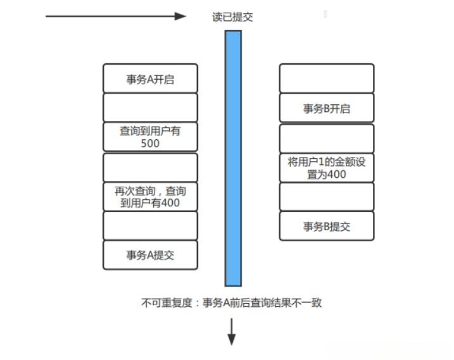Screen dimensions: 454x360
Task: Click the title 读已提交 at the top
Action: pyautogui.click(x=232, y=17)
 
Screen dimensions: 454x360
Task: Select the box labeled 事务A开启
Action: pyautogui.click(x=150, y=78)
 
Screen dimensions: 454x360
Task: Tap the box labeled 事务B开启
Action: pyautogui.click(x=327, y=108)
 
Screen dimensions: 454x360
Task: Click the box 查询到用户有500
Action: pyautogui.click(x=150, y=137)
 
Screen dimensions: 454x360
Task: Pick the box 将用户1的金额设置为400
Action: pyautogui.click(x=327, y=168)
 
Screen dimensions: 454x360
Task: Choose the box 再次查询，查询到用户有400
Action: pyautogui.click(x=150, y=197)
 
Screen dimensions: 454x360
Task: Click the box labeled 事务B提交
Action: pyautogui.click(x=327, y=226)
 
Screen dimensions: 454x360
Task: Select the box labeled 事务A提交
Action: pyautogui.click(x=150, y=255)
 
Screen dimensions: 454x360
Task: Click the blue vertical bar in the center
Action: pyautogui.click(x=233, y=159)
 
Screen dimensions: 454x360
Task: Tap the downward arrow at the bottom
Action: pyautogui.click(x=231, y=332)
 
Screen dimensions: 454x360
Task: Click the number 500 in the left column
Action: pyautogui.click(x=150, y=144)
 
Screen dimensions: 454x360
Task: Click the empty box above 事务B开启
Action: pyautogui.click(x=327, y=78)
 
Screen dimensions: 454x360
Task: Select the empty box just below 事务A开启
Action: pyautogui.click(x=150, y=108)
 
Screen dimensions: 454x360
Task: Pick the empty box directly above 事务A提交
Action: pyautogui.click(x=150, y=226)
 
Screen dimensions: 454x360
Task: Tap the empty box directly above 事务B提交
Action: pyautogui.click(x=327, y=197)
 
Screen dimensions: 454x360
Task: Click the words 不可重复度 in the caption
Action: pyautogui.click(x=167, y=303)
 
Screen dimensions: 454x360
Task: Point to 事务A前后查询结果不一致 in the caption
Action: pyautogui.click(x=262, y=303)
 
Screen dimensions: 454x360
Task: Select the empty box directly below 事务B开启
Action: pyautogui.click(x=327, y=139)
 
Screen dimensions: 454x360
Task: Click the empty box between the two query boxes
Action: pyautogui.click(x=150, y=168)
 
